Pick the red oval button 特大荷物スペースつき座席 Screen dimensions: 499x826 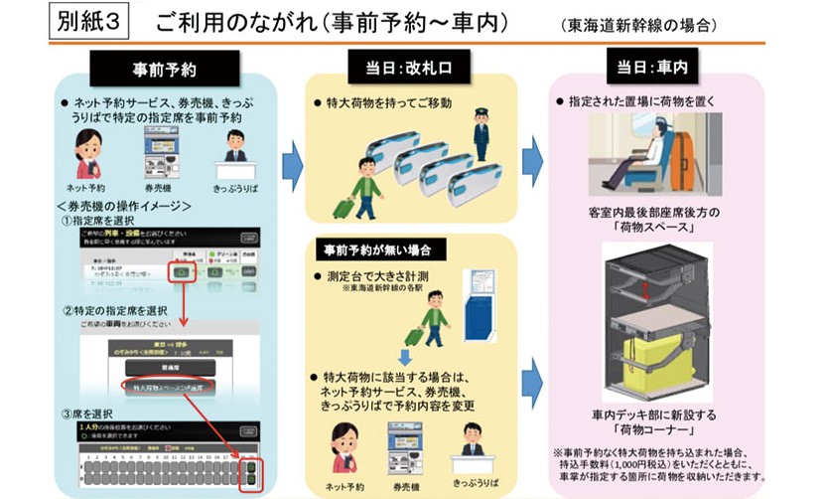pyautogui.click(x=166, y=386)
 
